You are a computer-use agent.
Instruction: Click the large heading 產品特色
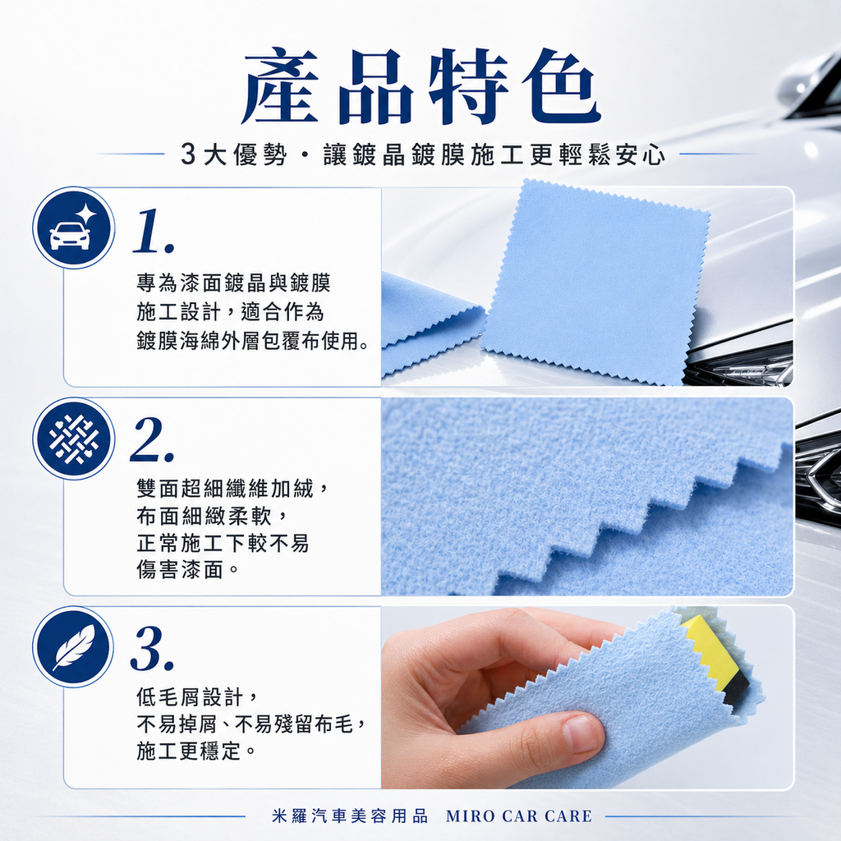pyautogui.click(x=420, y=85)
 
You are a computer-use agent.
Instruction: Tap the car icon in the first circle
pyautogui.click(x=71, y=236)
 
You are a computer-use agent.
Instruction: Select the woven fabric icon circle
pyautogui.click(x=73, y=439)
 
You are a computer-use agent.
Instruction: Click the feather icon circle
pyautogui.click(x=73, y=647)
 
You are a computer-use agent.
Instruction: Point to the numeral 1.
pyautogui.click(x=154, y=231)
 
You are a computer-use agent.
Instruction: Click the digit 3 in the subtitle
pyautogui.click(x=188, y=155)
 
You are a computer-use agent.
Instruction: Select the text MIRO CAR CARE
pyautogui.click(x=519, y=816)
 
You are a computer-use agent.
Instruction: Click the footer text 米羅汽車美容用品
pyautogui.click(x=350, y=816)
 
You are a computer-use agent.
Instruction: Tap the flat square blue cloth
pyautogui.click(x=595, y=283)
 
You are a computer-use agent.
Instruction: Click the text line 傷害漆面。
pyautogui.click(x=188, y=570)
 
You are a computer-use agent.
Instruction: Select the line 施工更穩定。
pyautogui.click(x=195, y=751)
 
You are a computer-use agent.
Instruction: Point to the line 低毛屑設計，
pyautogui.click(x=198, y=697)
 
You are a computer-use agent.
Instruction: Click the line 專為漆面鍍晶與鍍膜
pyautogui.click(x=233, y=283)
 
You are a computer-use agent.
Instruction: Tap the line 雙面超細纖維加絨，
pyautogui.click(x=232, y=488)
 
